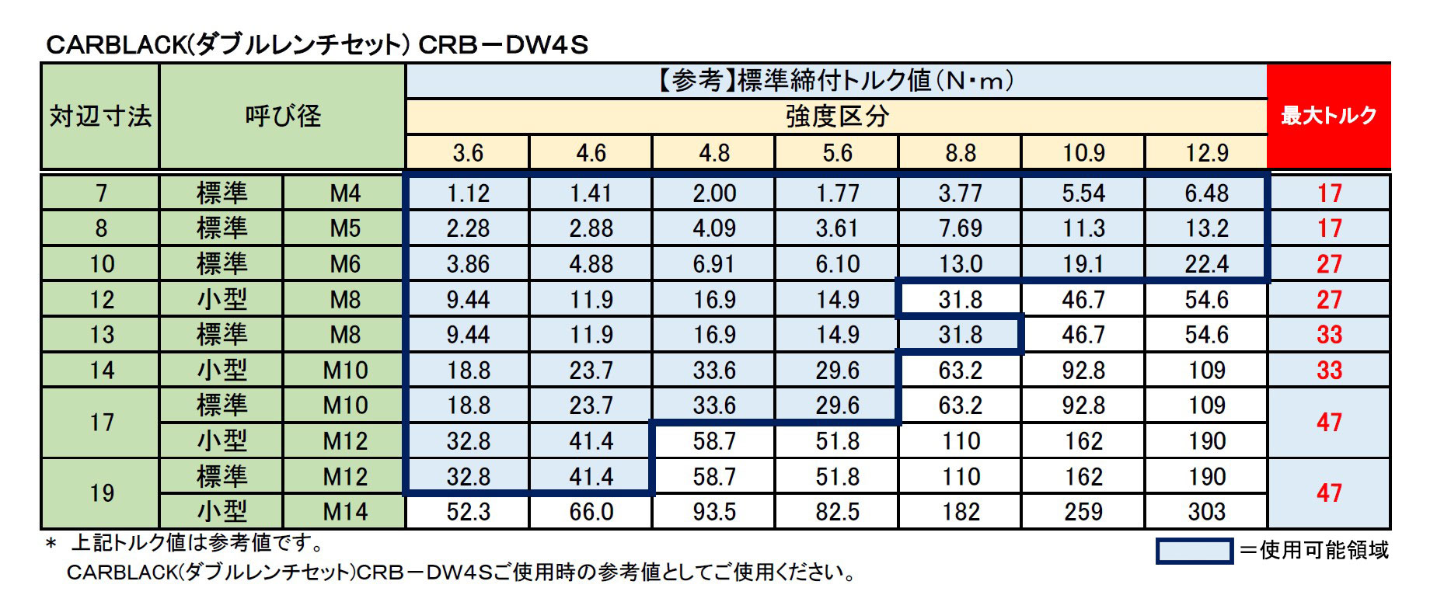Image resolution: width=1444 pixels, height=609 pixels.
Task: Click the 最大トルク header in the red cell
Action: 1328,116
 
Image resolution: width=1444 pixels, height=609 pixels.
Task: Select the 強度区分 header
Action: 836,117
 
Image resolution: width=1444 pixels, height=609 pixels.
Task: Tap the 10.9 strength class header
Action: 1083,152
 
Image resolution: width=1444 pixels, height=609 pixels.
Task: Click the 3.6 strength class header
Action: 468,152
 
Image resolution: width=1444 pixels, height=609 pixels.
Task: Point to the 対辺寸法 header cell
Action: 100,117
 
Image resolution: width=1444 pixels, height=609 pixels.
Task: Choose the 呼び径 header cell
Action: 283,117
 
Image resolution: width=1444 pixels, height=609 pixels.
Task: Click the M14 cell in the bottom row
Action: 345,512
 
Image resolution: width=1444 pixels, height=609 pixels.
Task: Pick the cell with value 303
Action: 1206,512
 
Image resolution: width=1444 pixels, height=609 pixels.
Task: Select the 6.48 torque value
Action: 1206,193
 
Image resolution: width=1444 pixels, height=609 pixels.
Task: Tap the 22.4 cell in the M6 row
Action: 1206,264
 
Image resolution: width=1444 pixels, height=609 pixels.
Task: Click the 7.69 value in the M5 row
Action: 960,228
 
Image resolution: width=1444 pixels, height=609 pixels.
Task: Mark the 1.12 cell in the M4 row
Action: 468,193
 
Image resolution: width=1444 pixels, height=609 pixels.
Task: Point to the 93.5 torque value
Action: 713,512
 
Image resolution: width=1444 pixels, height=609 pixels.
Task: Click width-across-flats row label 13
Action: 101,335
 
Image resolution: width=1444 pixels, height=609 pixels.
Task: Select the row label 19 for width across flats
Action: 101,493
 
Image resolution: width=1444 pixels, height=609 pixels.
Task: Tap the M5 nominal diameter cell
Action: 345,228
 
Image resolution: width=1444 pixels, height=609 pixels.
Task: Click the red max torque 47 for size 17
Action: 1329,423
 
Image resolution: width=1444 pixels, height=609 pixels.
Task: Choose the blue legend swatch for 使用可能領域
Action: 1194,551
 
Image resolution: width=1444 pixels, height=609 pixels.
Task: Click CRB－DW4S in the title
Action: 503,45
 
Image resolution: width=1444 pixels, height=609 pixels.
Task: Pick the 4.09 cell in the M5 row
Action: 713,228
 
